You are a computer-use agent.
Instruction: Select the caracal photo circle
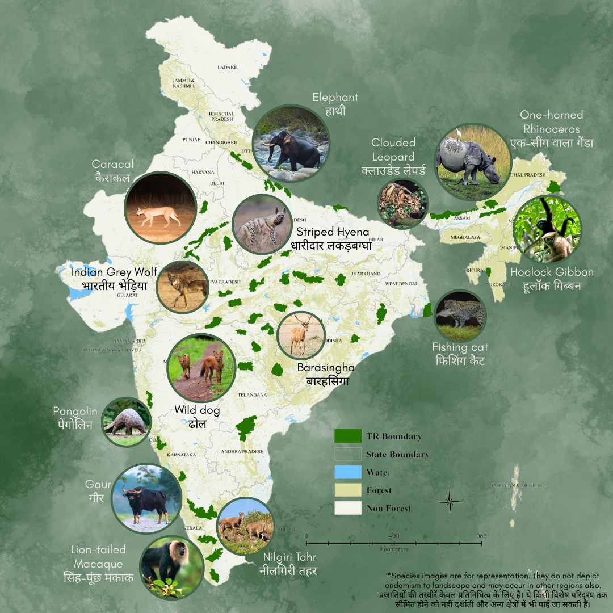click(x=161, y=208)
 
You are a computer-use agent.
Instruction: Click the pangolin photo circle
click(x=126, y=422)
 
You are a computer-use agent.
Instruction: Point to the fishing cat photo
click(x=460, y=316)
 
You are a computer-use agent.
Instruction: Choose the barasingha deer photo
click(x=301, y=335)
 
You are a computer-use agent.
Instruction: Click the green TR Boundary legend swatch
click(x=348, y=436)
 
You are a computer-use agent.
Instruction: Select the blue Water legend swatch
click(x=348, y=472)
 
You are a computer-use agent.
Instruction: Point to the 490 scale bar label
click(x=394, y=536)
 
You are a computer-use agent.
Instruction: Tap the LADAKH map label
click(x=227, y=67)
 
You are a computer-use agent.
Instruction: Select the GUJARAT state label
click(x=128, y=295)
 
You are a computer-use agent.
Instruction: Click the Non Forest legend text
click(x=388, y=508)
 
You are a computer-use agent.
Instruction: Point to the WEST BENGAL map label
click(x=401, y=283)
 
